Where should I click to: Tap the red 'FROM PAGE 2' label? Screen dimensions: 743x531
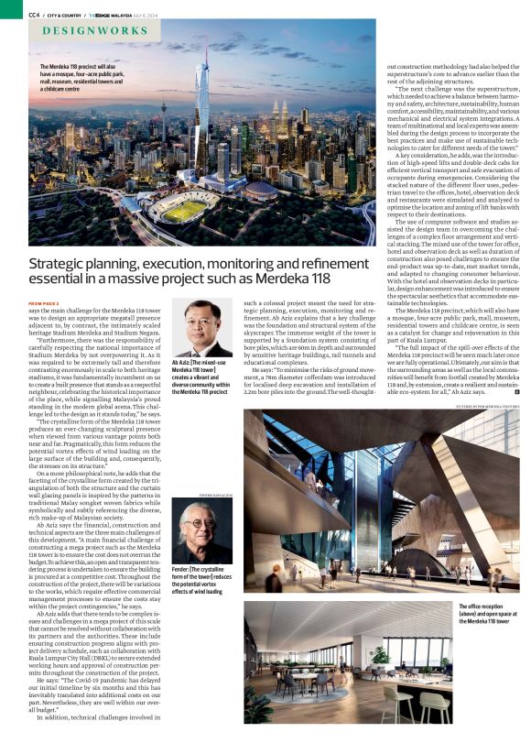tap(43, 302)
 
